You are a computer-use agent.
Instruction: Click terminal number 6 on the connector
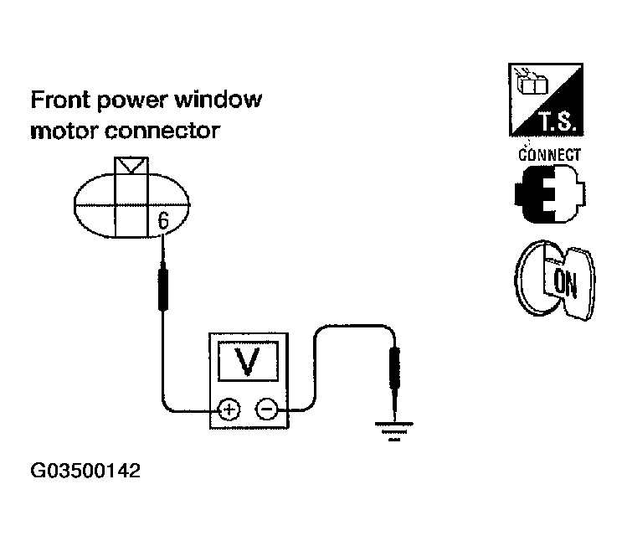pyautogui.click(x=163, y=222)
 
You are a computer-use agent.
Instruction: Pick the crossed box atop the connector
pyautogui.click(x=131, y=165)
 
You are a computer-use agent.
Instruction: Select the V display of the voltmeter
pyautogui.click(x=245, y=361)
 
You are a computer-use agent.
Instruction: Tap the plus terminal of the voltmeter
pyautogui.click(x=228, y=410)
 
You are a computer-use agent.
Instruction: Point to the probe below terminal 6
pyautogui.click(x=164, y=286)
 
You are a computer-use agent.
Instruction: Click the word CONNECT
pyautogui.click(x=549, y=155)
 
